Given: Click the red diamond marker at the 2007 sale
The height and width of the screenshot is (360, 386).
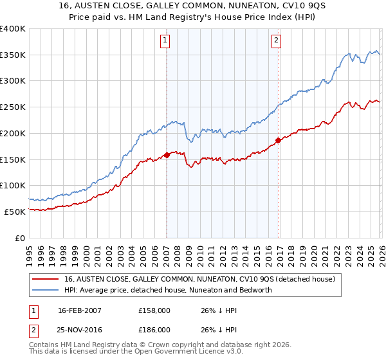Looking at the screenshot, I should click(167, 154).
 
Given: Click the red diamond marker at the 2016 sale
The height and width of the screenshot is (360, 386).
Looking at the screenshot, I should click(278, 139).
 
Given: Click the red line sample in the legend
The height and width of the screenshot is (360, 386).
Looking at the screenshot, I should click(45, 280).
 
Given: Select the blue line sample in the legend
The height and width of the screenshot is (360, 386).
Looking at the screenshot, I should click(45, 290).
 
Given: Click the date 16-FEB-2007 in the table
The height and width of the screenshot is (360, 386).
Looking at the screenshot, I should click(80, 310).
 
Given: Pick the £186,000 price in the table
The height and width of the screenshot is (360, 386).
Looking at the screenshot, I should click(154, 329).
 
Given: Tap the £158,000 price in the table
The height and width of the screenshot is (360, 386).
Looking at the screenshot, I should click(154, 310).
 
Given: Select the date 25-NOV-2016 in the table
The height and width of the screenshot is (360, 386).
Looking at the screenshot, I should click(80, 329).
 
